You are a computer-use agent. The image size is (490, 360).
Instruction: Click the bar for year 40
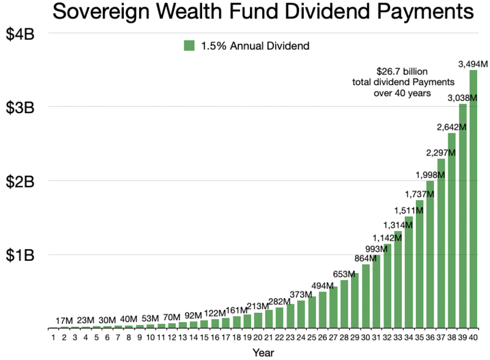tap(473, 199)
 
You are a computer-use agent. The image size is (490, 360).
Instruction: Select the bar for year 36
tap(431, 254)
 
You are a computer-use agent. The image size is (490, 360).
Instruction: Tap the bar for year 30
tap(366, 296)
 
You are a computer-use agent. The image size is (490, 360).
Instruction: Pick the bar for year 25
tap(312, 312)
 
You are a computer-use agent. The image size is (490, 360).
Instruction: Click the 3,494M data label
tap(473, 64)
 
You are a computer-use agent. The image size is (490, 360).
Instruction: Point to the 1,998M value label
tap(430, 175)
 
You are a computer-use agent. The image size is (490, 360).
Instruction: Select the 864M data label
tap(365, 258)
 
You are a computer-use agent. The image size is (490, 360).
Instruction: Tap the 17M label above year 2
tap(64, 321)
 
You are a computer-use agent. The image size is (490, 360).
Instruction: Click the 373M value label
tap(301, 294)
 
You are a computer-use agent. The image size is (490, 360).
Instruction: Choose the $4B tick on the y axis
tap(20, 34)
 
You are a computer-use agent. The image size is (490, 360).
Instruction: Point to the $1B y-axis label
tap(20, 255)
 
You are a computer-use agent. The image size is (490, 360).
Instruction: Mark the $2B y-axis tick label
tap(20, 182)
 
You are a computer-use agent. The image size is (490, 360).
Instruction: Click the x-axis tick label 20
tap(258, 337)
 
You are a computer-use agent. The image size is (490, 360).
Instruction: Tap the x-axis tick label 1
tap(53, 337)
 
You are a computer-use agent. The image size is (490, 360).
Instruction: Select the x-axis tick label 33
tap(398, 337)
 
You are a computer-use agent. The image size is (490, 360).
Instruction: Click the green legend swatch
tap(189, 46)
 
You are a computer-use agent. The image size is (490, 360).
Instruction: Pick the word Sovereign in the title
tap(101, 12)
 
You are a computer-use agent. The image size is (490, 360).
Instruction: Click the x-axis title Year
tap(263, 353)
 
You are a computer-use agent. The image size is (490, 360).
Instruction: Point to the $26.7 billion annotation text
tap(402, 72)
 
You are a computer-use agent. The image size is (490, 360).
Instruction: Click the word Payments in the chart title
tap(425, 12)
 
